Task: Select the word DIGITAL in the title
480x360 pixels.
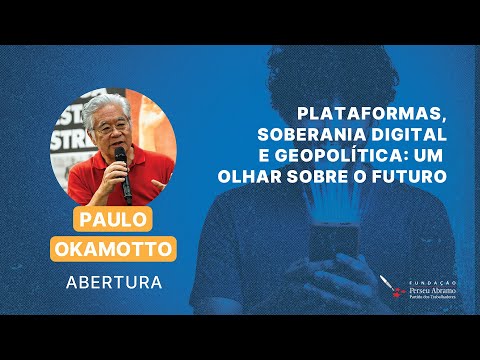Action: point(411,136)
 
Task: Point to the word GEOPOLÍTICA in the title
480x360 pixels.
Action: point(354,157)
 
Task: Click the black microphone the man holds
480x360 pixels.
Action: point(122,168)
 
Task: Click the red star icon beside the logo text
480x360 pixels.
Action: point(399,292)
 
